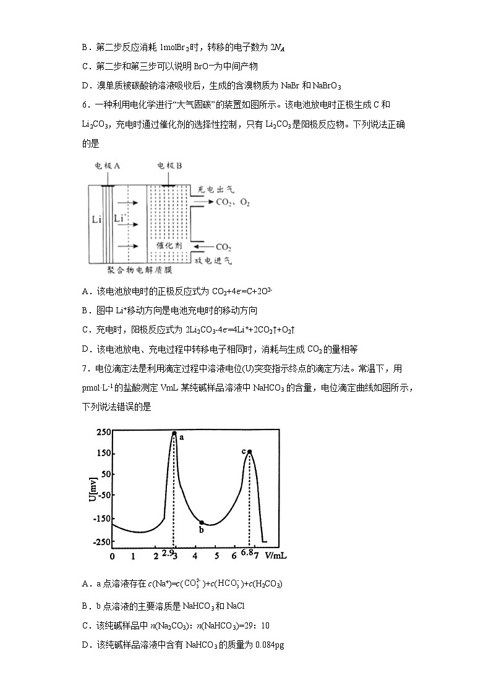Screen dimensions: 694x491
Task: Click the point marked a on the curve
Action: (x=174, y=434)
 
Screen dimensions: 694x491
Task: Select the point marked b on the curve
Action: (x=202, y=522)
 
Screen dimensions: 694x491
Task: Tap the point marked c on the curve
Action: (x=249, y=452)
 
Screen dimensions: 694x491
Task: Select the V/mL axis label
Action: (x=276, y=556)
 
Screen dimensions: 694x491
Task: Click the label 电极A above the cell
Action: (x=107, y=166)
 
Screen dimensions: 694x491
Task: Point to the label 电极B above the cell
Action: (x=169, y=166)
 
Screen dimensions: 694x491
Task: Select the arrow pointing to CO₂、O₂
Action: (x=202, y=202)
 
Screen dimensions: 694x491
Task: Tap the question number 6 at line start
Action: (x=85, y=105)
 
